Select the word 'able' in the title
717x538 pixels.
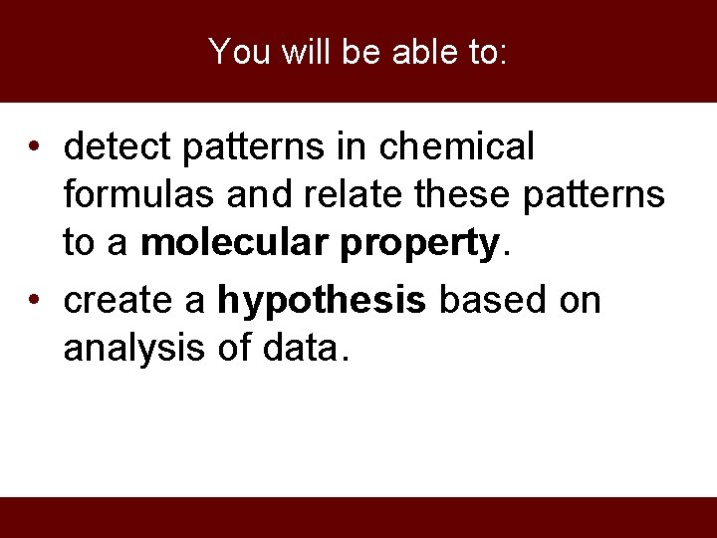(x=428, y=52)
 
